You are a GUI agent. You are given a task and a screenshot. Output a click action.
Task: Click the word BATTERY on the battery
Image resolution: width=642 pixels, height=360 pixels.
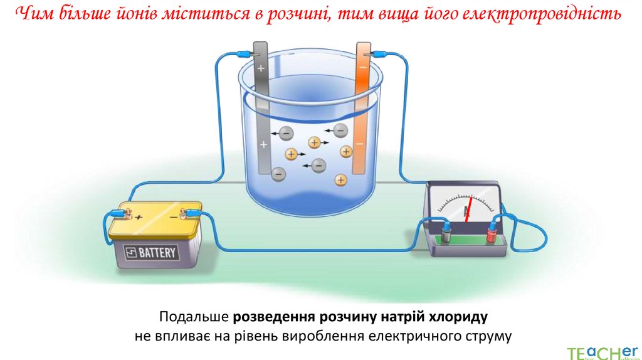click(158, 253)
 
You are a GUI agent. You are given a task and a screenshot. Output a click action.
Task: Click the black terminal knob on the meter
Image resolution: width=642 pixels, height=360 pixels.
click(446, 233)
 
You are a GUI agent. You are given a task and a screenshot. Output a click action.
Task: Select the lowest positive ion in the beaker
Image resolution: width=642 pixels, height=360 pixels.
click(340, 181)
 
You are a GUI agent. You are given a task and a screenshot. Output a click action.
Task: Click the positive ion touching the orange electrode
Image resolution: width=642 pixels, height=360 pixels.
click(346, 151)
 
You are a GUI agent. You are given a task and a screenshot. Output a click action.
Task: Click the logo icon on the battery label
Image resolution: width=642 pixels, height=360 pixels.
click(131, 253)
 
